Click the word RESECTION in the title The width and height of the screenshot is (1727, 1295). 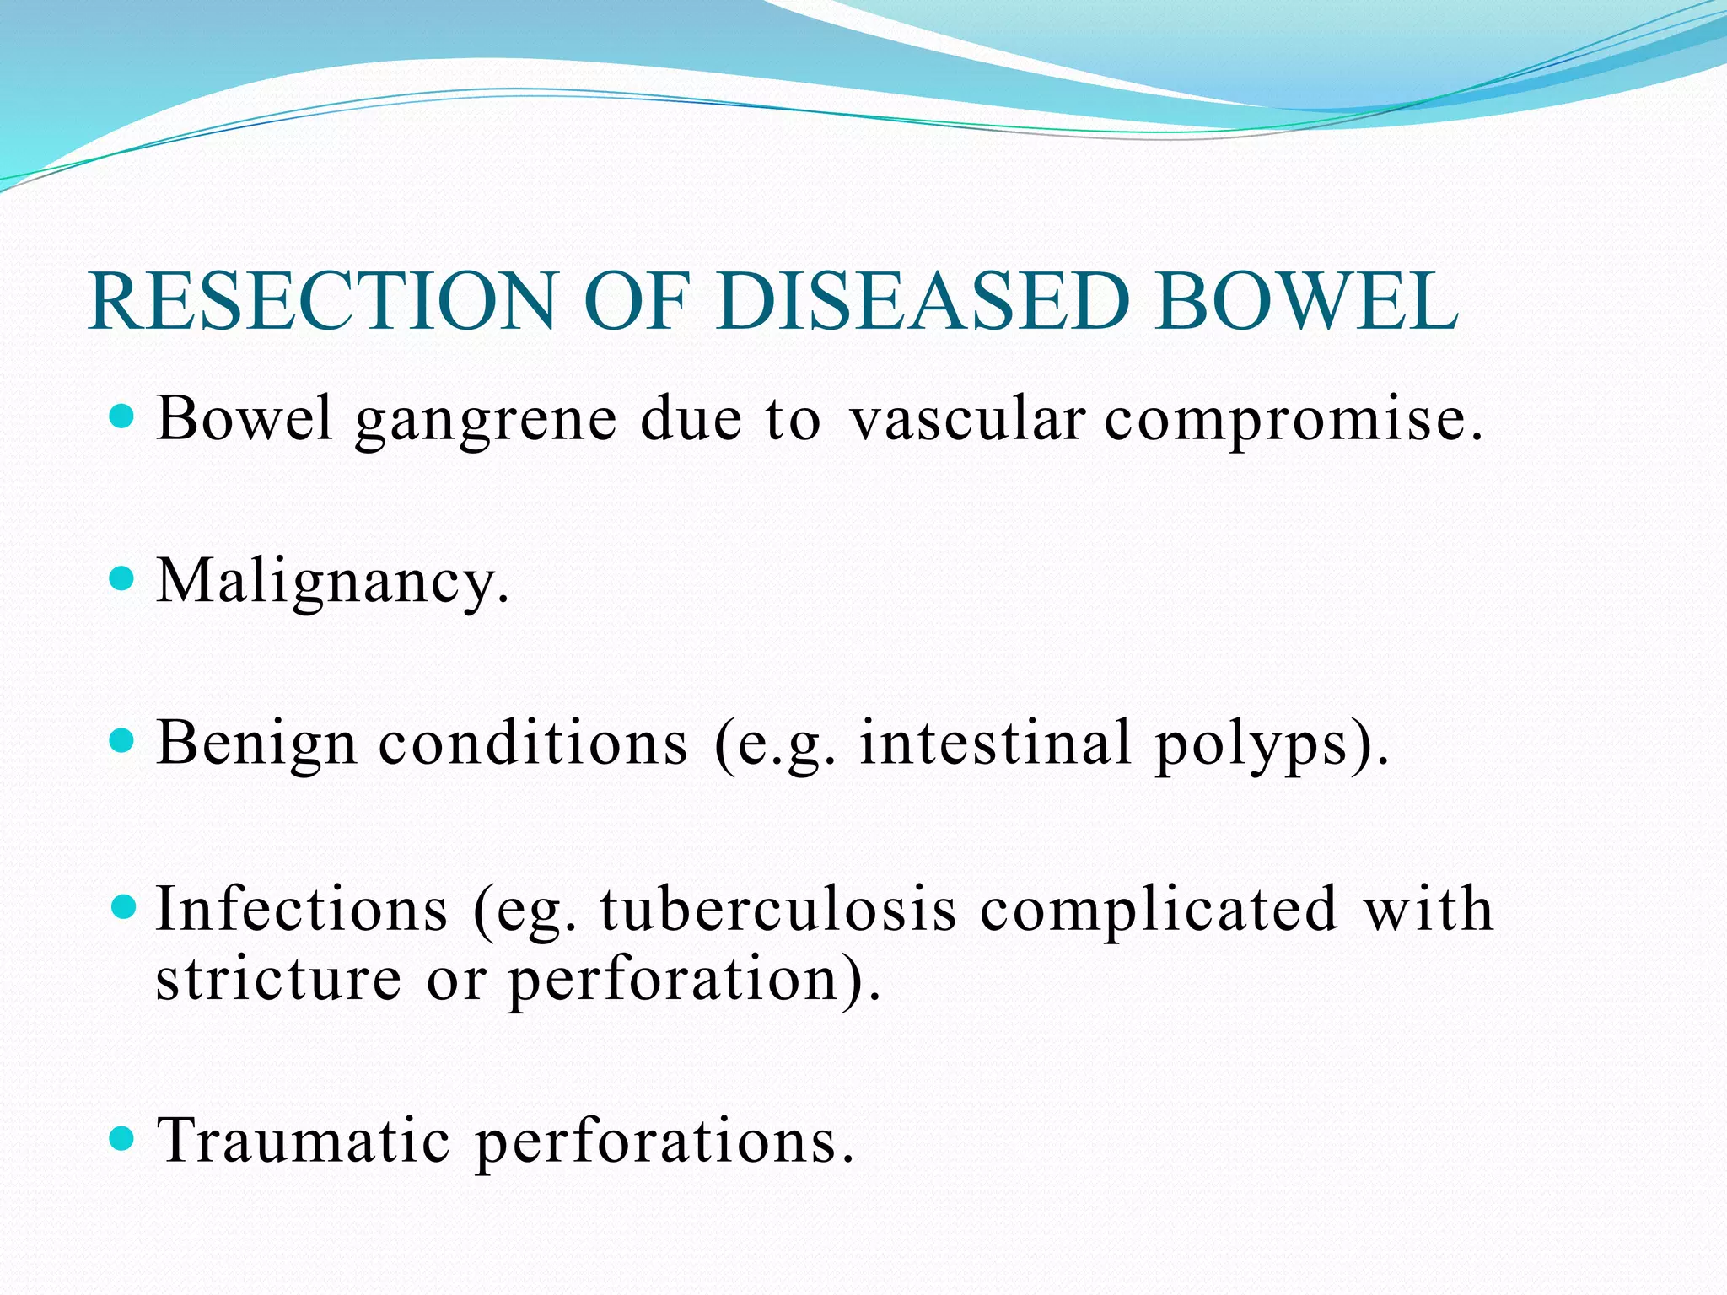point(321,301)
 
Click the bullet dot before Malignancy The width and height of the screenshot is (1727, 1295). point(123,579)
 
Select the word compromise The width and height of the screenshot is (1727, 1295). point(1293,422)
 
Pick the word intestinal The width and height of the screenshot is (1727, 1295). point(995,743)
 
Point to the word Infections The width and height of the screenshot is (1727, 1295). point(302,909)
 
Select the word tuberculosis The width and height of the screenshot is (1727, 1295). point(778,909)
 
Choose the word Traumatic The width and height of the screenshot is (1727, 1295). point(304,1141)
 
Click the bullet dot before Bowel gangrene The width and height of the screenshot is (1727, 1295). point(123,416)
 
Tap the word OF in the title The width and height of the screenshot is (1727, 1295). point(637,301)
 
